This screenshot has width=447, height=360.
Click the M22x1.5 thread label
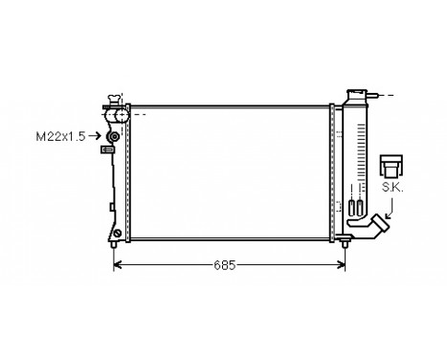tap(58, 137)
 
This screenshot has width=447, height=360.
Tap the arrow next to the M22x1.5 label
tap(96, 137)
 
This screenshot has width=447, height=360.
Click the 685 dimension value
tap(224, 264)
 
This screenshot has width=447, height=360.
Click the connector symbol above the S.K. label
tap(391, 164)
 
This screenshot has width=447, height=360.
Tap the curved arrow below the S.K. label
tap(387, 208)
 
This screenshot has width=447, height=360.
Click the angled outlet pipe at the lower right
tap(369, 230)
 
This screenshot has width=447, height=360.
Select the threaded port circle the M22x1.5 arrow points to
tap(113, 137)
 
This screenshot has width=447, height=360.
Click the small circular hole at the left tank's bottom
tap(116, 234)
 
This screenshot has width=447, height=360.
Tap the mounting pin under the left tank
tap(116, 247)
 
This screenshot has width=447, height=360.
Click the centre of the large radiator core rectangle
tap(229, 172)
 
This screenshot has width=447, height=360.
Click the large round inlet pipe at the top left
tap(120, 116)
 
